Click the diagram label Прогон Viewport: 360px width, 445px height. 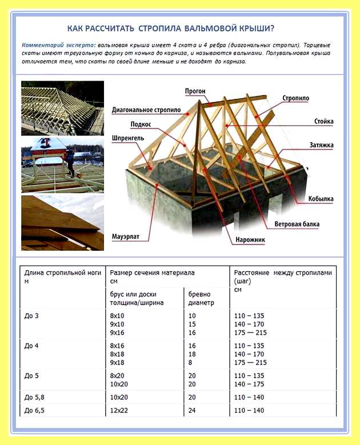click(195, 91)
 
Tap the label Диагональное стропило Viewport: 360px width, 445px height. click(146, 110)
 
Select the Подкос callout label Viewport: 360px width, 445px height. click(141, 125)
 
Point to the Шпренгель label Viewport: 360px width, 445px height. click(128, 138)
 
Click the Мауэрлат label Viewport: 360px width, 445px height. click(126, 236)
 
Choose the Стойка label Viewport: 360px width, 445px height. click(323, 122)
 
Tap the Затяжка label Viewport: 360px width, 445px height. click(321, 145)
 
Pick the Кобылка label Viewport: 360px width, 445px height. click(321, 199)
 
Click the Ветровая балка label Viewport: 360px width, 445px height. click(297, 224)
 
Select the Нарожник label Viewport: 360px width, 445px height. click(250, 240)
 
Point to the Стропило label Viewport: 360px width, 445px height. click(295, 98)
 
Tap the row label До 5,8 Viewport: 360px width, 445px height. click(34, 398)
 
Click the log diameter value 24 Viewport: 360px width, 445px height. click(192, 410)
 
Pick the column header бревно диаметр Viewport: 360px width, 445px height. click(201, 298)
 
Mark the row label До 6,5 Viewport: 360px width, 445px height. click(34, 410)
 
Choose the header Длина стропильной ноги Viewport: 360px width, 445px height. click(63, 272)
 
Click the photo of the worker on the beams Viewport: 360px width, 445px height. click(62, 165)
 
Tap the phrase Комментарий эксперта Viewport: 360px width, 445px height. click(59, 45)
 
